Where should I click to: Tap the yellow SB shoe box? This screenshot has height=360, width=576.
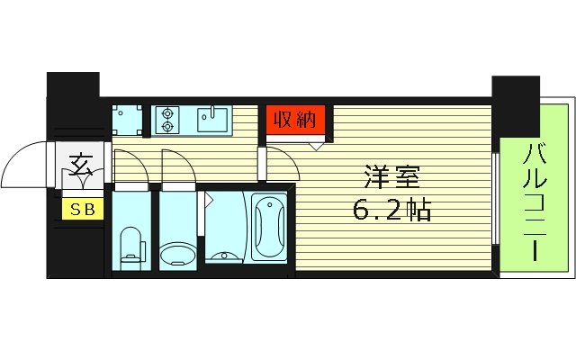(x=81, y=209)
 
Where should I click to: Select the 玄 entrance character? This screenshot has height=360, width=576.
(x=81, y=166)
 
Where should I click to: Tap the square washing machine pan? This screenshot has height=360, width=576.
(x=127, y=120)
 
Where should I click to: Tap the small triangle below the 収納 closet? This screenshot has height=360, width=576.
(x=316, y=142)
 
